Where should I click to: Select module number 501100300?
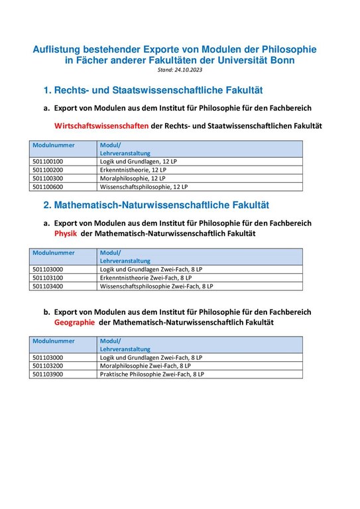point(47,178)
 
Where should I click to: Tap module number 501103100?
point(47,278)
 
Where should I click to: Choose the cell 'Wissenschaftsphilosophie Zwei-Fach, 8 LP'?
point(156,286)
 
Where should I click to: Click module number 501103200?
point(47,365)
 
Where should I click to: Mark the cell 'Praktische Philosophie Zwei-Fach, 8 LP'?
point(152,374)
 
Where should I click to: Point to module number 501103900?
point(47,374)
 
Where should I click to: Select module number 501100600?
point(47,187)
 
